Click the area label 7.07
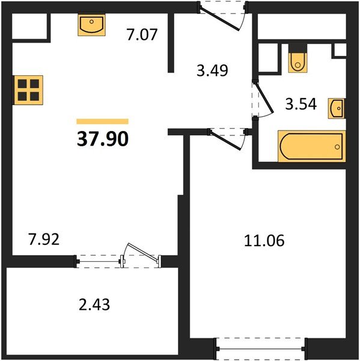click(x=142, y=35)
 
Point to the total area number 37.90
click(x=102, y=139)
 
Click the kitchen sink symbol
click(x=91, y=25)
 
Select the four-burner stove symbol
click(x=28, y=90)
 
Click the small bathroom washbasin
click(x=337, y=109)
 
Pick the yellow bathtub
click(x=311, y=146)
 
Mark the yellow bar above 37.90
click(x=102, y=122)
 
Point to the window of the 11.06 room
click(x=260, y=348)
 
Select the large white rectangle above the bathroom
click(x=302, y=27)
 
